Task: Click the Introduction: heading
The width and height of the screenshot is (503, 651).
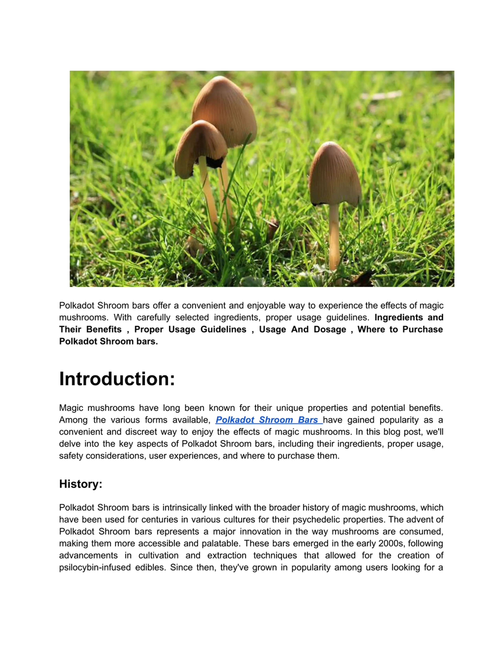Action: point(117,379)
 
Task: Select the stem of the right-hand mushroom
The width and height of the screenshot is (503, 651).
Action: point(334,235)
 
